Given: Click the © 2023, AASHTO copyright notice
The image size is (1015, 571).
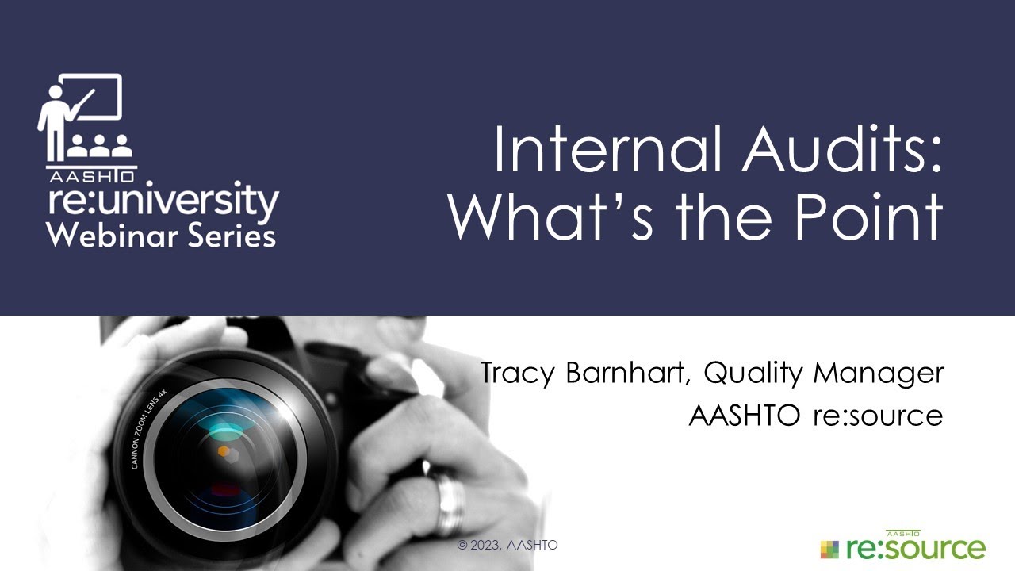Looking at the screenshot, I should [507, 546].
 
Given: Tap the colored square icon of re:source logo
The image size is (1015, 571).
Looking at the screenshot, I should [829, 548].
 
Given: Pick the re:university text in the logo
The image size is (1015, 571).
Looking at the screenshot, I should [163, 201].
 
